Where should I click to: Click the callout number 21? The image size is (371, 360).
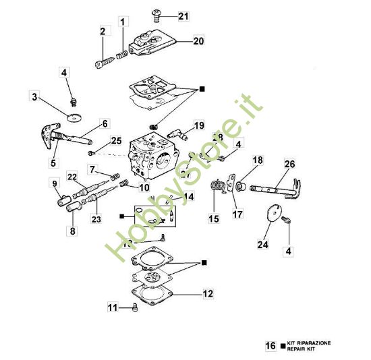(x=185, y=15)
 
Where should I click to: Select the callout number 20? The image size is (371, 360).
(x=198, y=40)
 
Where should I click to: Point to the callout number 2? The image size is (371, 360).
(x=103, y=31)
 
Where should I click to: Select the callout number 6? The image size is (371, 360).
(x=105, y=123)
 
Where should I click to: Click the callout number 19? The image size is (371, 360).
(x=198, y=125)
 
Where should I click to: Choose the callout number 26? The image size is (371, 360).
(x=289, y=164)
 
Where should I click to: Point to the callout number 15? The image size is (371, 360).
(x=214, y=219)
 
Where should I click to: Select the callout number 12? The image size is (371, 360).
(x=208, y=294)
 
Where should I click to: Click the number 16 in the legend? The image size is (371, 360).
(x=270, y=346)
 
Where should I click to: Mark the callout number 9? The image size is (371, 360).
(x=55, y=183)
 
